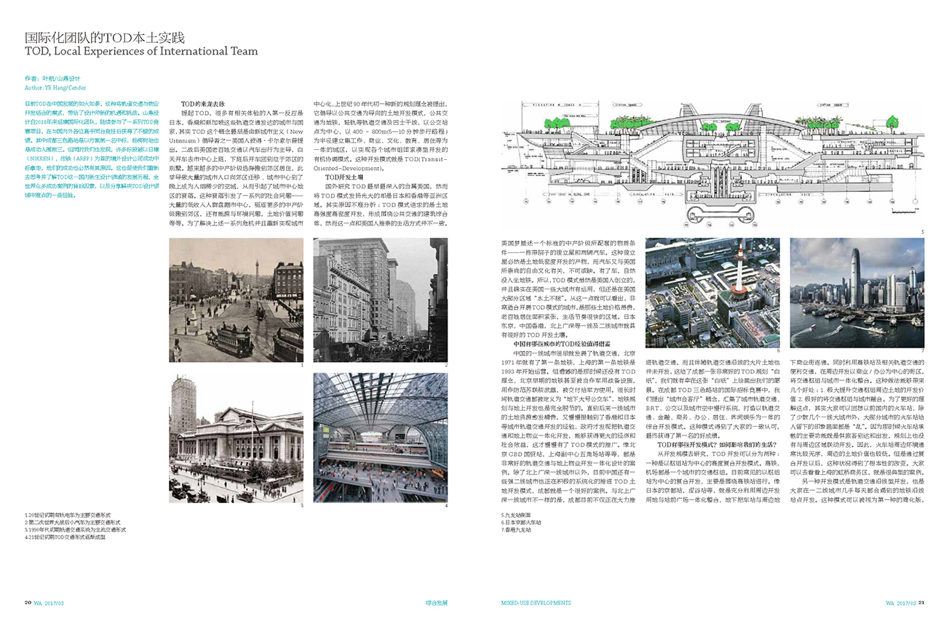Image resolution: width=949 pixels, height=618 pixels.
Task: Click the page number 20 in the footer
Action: [x=28, y=602]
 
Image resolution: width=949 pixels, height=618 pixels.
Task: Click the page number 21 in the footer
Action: [x=921, y=602]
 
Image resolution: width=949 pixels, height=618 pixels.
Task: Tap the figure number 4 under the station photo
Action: [x=446, y=505]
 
